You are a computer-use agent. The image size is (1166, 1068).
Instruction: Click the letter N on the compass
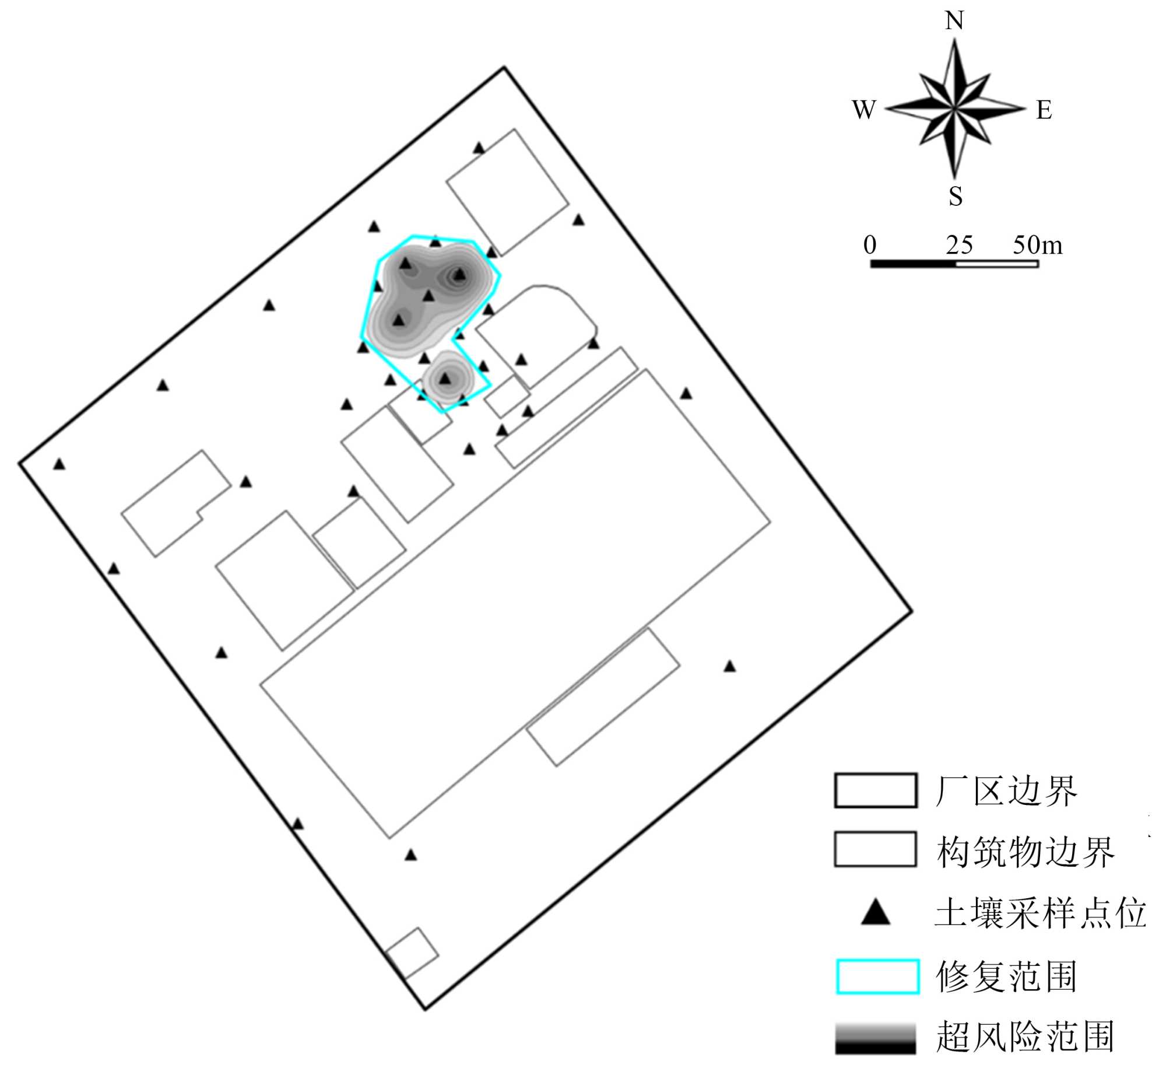pos(954,21)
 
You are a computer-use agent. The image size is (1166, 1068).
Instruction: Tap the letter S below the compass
pos(955,197)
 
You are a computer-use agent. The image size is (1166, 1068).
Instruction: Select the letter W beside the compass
pos(864,109)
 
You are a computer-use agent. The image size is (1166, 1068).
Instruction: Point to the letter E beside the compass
pos(1044,110)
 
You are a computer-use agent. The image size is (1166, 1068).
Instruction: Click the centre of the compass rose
pos(954,108)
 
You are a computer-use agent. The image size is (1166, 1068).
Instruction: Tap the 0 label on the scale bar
pos(870,245)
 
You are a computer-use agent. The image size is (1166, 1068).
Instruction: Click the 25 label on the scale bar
pos(959,245)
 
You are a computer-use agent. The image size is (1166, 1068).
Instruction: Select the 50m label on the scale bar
pos(1037,245)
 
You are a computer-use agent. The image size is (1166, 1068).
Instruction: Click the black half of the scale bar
pos(913,264)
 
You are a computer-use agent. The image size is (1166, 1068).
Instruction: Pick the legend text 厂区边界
pos(1006,792)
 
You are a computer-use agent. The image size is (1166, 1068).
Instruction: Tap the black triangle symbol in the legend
pos(876,913)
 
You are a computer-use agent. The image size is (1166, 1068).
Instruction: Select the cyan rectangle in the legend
pos(877,976)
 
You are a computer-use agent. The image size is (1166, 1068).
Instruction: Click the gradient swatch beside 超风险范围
pos(875,1038)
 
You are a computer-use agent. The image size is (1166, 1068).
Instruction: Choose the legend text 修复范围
pos(1006,976)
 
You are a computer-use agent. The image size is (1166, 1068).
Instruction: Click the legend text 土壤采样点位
pos(1041,913)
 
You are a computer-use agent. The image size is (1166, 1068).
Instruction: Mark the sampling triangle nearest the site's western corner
pos(59,464)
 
